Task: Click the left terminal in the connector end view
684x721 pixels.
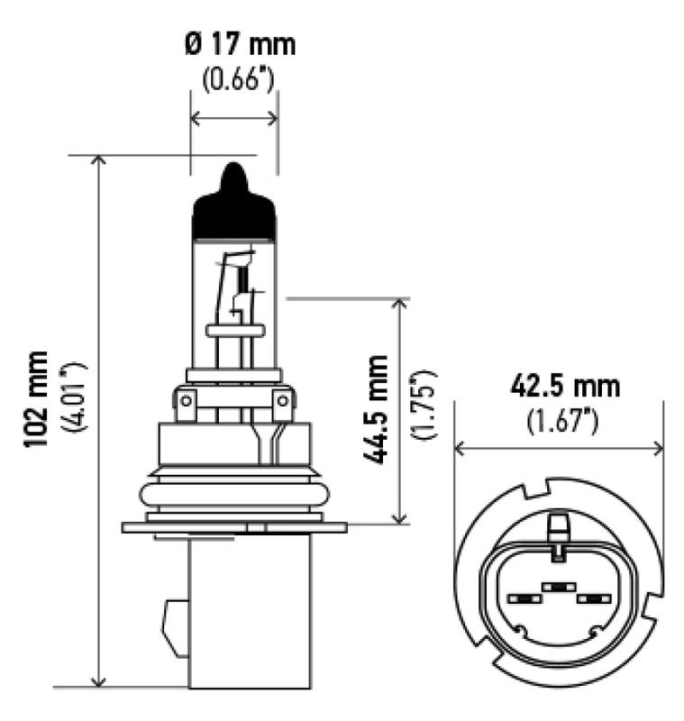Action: point(522,598)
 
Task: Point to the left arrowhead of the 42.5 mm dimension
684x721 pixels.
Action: point(460,448)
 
